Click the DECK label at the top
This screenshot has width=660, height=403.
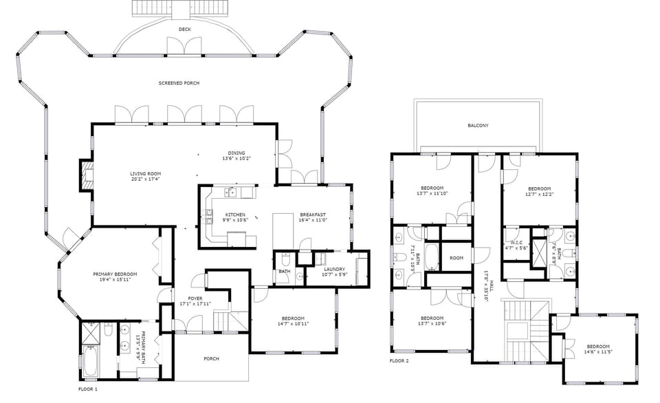184,30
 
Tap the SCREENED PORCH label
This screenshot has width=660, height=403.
179,83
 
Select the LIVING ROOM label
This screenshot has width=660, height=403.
145,173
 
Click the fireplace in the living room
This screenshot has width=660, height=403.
86,175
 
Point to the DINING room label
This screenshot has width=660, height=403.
236,153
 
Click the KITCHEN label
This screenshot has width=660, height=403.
234,215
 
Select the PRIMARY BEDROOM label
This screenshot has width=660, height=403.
115,274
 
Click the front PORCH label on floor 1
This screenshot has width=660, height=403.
211,358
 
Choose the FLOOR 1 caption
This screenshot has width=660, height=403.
88,389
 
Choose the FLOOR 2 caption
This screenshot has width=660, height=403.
399,360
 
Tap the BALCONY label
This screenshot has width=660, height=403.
478,125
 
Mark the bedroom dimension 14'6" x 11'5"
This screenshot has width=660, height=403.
597,352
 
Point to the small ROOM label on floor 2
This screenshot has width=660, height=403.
456,258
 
